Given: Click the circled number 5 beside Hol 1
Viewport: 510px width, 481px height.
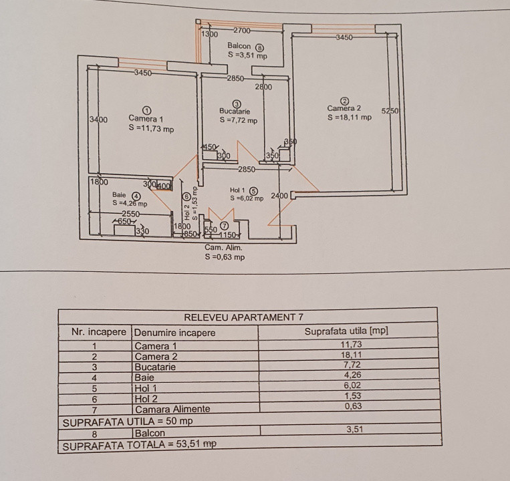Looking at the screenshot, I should pyautogui.click(x=253, y=190).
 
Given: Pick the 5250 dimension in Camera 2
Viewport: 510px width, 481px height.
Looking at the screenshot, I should pyautogui.click(x=390, y=112).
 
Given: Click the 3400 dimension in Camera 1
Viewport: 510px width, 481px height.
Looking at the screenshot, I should pyautogui.click(x=98, y=120).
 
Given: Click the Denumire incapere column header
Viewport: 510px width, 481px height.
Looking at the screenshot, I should pyautogui.click(x=174, y=332).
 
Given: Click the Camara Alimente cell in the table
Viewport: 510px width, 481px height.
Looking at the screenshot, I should pyautogui.click(x=172, y=409).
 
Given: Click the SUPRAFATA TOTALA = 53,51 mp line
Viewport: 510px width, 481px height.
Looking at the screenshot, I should pyautogui.click(x=139, y=444).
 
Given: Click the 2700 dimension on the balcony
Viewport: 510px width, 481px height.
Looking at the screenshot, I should pyautogui.click(x=241, y=30).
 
